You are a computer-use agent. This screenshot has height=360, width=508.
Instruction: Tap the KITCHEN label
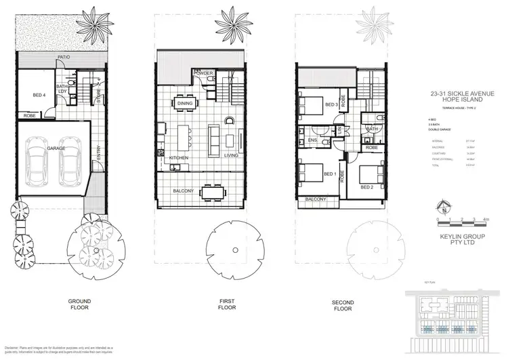tap(177, 157)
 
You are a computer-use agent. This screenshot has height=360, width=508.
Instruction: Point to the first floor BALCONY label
tap(184, 191)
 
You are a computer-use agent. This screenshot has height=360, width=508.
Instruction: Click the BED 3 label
tap(331, 105)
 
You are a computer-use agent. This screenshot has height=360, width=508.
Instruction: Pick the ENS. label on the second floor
tap(312, 140)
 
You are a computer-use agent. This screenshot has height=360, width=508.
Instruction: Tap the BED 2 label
tap(368, 186)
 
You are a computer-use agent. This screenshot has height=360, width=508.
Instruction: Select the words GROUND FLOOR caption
tap(80, 304)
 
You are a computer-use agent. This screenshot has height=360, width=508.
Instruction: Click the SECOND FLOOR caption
tap(343, 304)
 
